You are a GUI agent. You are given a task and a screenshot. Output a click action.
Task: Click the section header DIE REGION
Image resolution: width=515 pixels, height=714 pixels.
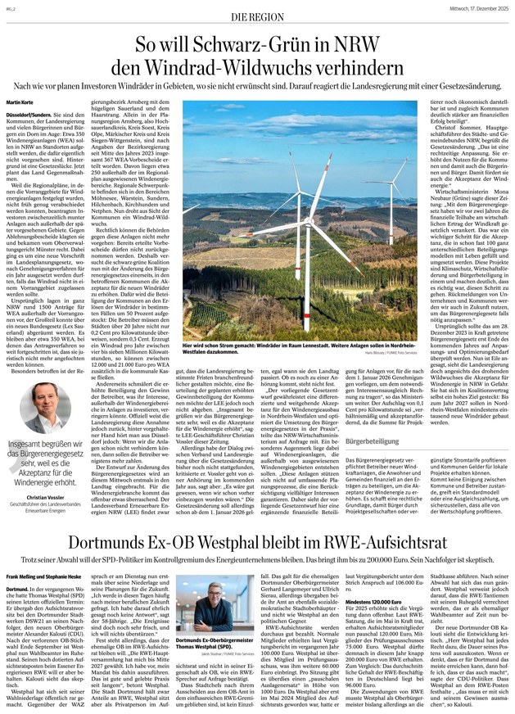pyautogui.click(x=256, y=15)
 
